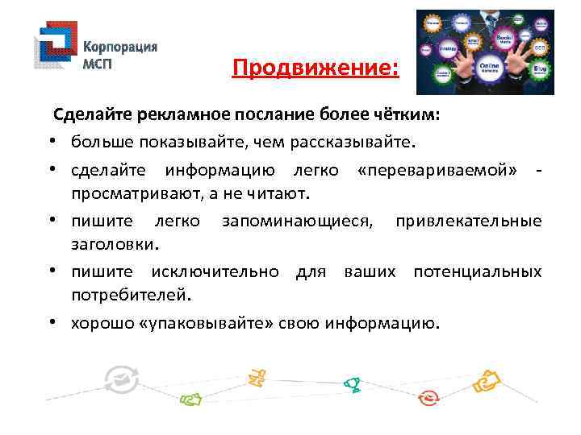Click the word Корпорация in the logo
(121, 46)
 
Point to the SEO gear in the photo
(539, 48)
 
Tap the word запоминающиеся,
(298, 221)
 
